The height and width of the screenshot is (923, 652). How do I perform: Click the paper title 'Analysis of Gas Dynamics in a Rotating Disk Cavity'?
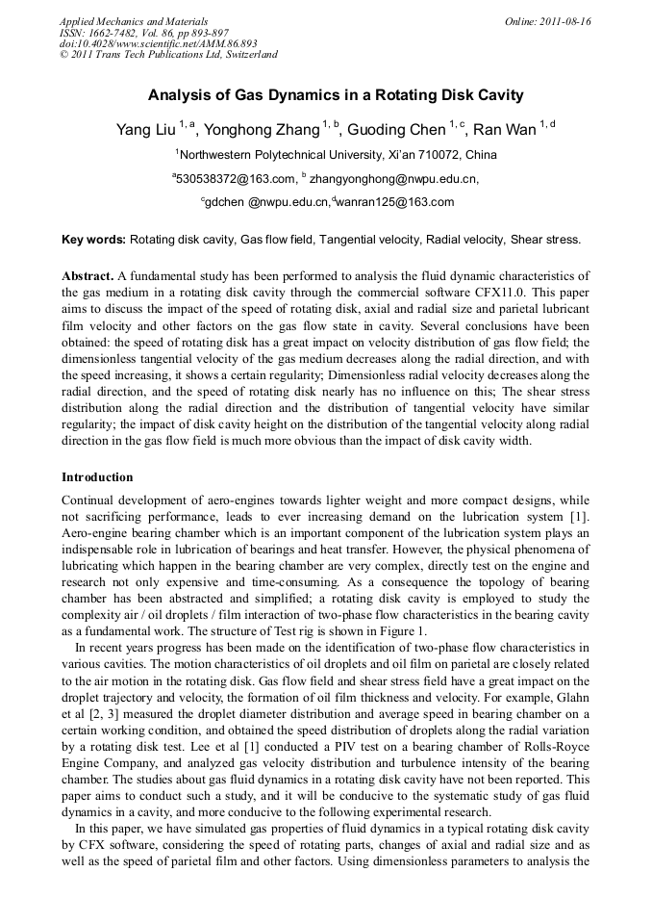(336, 95)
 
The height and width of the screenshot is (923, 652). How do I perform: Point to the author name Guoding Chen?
(395, 130)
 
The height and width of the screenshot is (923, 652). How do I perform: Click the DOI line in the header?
(158, 43)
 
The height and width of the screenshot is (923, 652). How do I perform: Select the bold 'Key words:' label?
(93, 239)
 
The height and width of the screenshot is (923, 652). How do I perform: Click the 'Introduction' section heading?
(97, 477)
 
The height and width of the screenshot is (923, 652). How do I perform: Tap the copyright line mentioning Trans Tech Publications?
(168, 55)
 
